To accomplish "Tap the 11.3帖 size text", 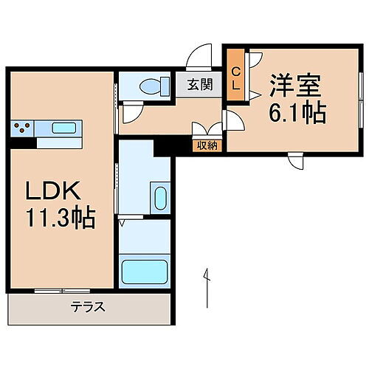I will [x=61, y=219].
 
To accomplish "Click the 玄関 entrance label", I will [x=199, y=84].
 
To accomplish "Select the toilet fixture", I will [x=151, y=86].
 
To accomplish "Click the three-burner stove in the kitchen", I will [x=23, y=128].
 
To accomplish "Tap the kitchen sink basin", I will [x=63, y=128].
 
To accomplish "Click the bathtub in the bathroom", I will [x=144, y=273].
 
